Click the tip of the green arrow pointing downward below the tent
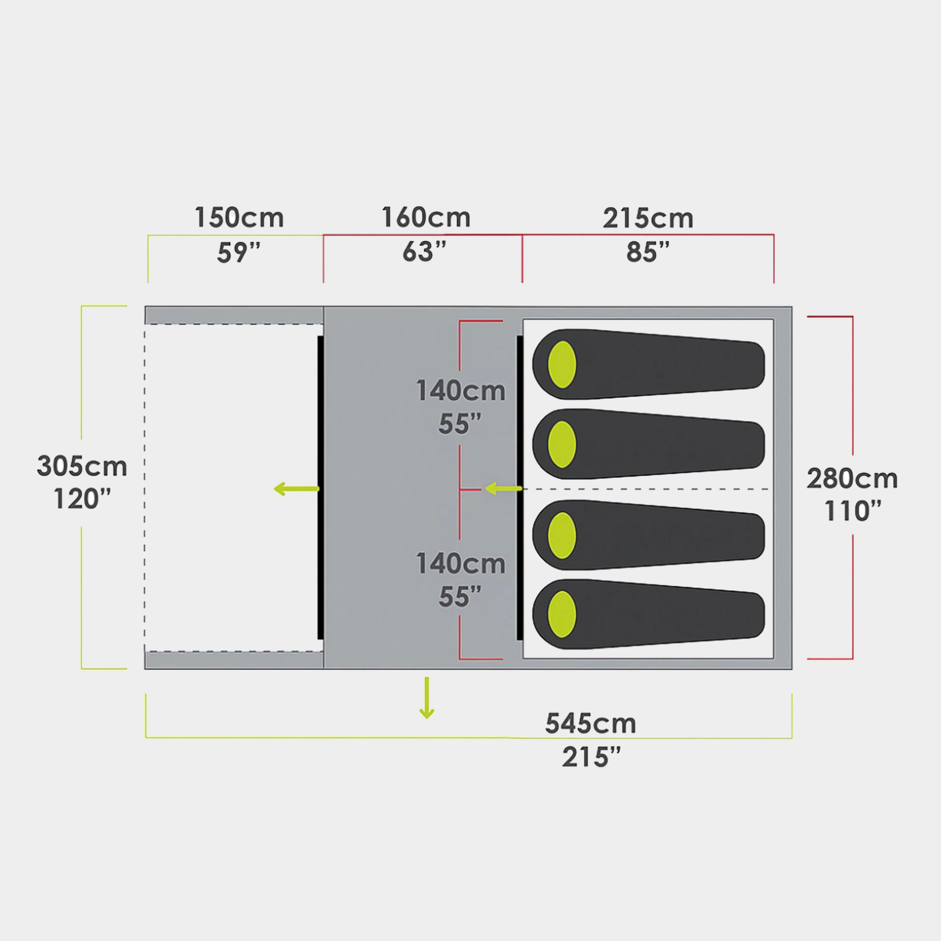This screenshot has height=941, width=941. pyautogui.click(x=427, y=718)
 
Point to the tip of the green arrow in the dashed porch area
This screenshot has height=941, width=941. pyautogui.click(x=274, y=489)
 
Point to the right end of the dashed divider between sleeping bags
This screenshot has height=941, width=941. pyautogui.click(x=770, y=489)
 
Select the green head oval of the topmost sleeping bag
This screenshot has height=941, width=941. pyautogui.click(x=562, y=364)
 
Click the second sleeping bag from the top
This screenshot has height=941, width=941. pyautogui.click(x=648, y=444)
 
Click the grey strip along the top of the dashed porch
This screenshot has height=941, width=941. pyautogui.click(x=234, y=315)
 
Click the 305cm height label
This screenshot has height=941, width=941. pyautogui.click(x=82, y=467)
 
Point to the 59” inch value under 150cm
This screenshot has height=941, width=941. pyautogui.click(x=239, y=252)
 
